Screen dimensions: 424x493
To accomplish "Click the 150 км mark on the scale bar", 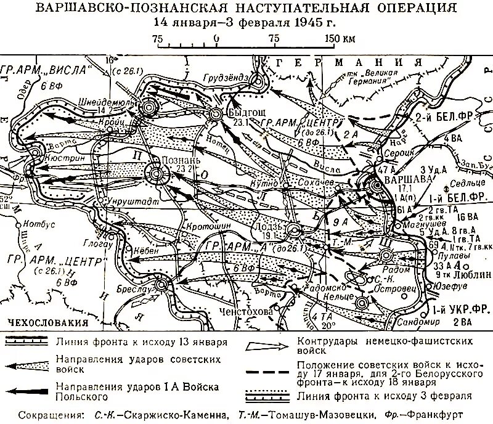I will (x=340, y=39).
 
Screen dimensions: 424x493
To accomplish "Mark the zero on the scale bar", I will (x=216, y=39).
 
